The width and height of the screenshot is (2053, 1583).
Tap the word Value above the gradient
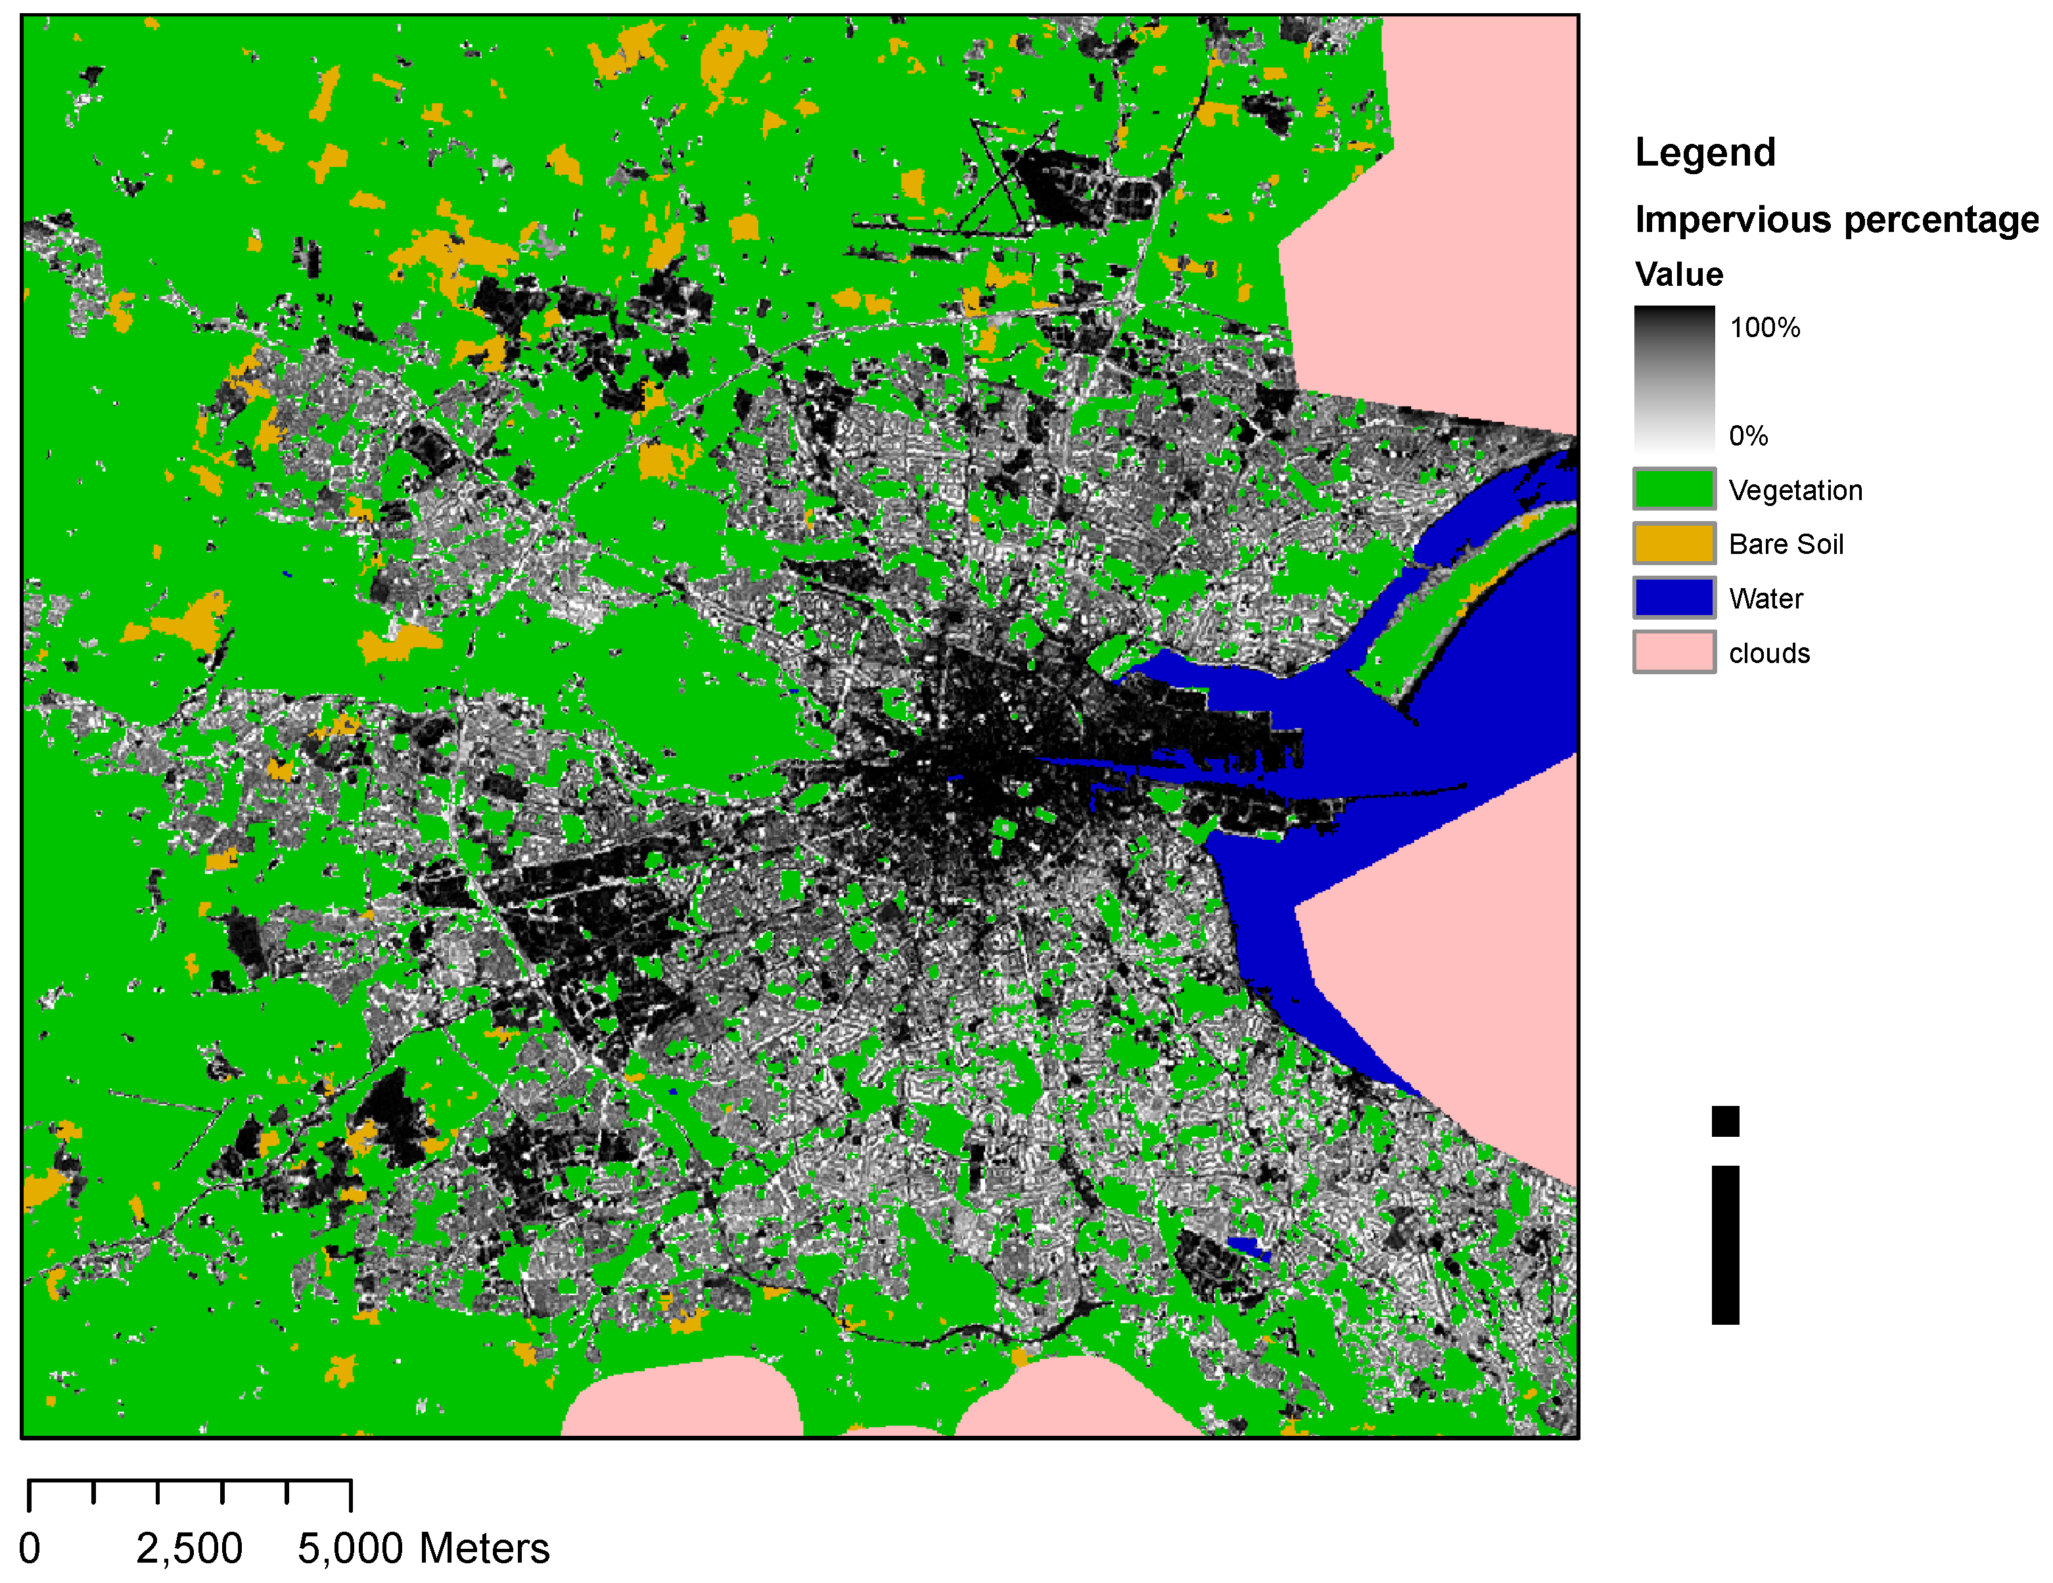[x=1679, y=275]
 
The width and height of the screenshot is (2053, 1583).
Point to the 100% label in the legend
[x=1765, y=327]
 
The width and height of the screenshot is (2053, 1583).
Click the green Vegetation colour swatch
[x=1674, y=489]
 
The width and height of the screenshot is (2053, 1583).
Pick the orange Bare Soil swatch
[x=1674, y=543]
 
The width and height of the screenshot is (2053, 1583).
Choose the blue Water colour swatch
[x=1674, y=598]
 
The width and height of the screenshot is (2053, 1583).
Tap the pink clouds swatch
[x=1674, y=653]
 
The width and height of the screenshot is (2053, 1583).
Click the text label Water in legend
[x=1765, y=599]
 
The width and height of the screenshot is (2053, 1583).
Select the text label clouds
[x=1769, y=653]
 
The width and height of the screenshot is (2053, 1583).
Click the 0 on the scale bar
[x=30, y=1548]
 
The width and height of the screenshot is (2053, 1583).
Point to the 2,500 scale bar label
[x=189, y=1548]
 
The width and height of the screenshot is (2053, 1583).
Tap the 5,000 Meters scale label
[x=423, y=1548]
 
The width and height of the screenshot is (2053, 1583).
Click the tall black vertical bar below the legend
[x=1725, y=1245]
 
